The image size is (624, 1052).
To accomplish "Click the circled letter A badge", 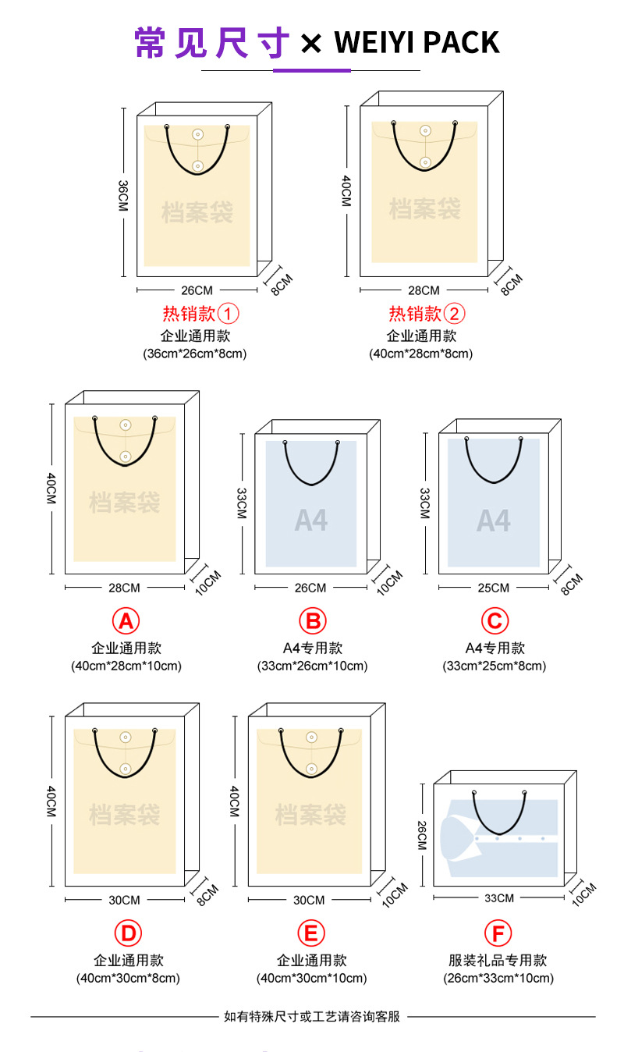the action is tap(126, 621).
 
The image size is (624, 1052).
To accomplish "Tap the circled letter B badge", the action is tap(312, 621).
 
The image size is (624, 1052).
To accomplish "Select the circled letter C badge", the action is tap(495, 621).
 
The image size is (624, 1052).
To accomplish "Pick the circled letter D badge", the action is tap(128, 933).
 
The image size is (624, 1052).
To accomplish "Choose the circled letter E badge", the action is tap(311, 933).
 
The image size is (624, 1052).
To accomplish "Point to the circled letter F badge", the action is tap(498, 933).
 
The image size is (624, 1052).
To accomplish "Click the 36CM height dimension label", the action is tap(123, 194).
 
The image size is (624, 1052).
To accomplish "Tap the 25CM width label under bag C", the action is tap(494, 588).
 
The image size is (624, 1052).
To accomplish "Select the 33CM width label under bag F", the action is tap(499, 898).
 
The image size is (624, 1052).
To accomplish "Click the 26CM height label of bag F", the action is tap(422, 836).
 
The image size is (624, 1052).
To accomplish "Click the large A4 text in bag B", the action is tap(311, 521).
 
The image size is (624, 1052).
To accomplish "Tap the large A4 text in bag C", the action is tap(494, 521).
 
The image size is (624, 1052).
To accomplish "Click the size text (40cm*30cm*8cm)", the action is tap(128, 978).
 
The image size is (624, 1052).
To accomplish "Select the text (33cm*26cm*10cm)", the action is tap(312, 666).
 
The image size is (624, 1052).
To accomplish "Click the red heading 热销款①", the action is tap(200, 314).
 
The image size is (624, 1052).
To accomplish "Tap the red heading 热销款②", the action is tap(427, 314).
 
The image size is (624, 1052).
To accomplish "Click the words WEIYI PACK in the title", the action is tap(417, 42).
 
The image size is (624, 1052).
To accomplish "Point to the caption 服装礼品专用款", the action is tap(498, 960).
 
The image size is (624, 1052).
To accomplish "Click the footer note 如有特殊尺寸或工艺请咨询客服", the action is tap(312, 1016).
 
